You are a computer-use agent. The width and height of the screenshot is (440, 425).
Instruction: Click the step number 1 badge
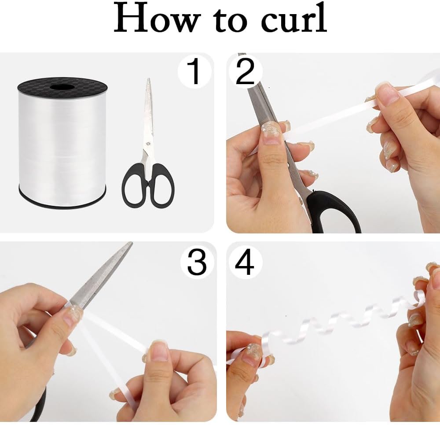(194, 72)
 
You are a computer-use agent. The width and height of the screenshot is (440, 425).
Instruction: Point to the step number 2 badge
(245, 71)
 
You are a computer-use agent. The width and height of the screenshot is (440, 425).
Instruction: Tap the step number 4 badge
(245, 263)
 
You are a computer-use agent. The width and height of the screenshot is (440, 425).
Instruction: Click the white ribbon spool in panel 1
(62, 141)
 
